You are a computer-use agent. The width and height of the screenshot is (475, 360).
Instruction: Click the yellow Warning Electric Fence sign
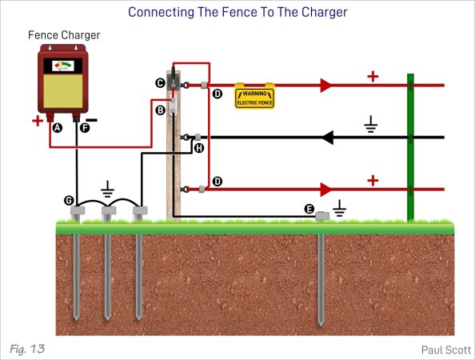pos(254,96)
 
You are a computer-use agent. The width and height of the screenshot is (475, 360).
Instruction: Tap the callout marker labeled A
pos(57,127)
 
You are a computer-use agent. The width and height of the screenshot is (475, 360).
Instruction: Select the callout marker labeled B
pos(160,110)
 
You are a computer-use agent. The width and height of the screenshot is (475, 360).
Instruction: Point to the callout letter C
pos(160,83)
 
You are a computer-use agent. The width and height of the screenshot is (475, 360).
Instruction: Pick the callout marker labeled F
pos(86,127)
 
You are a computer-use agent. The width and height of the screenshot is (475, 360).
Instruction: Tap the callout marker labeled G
pos(70,199)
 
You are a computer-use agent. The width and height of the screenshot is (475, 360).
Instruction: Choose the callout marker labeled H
pos(199,148)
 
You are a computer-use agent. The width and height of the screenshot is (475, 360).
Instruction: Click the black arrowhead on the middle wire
pos(327,138)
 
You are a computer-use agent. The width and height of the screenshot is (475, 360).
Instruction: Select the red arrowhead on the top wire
pos(325,85)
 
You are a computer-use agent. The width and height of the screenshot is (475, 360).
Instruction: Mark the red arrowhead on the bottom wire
pos(325,190)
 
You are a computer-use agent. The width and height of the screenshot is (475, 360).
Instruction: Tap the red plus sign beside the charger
pos(37,121)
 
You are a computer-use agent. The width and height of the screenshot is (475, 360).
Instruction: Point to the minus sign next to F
pos(102,121)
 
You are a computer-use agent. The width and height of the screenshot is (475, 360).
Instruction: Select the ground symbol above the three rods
pos(108,189)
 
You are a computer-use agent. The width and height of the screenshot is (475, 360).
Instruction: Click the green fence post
pos(410,148)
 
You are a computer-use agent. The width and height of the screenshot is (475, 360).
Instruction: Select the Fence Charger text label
pos(64,36)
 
